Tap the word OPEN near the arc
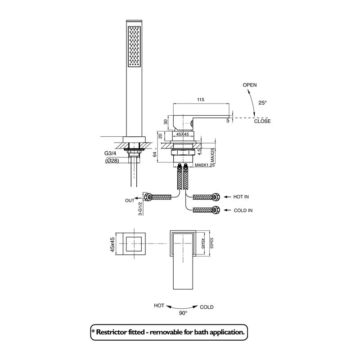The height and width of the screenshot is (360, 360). pos(250,85)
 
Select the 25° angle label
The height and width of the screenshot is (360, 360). pos(262,103)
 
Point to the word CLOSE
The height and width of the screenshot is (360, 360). pos(262,121)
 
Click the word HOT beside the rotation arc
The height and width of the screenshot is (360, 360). pos(159,306)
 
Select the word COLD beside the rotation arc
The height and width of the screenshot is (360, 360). pos(207,307)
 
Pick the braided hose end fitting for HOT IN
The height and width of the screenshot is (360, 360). pos(216,197)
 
